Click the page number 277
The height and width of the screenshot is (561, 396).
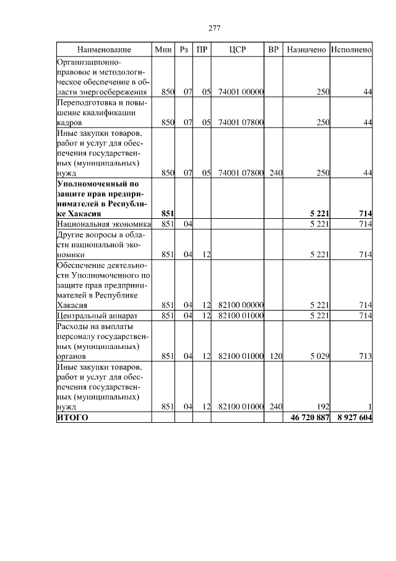pos(215,29)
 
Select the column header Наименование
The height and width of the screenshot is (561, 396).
pos(104,49)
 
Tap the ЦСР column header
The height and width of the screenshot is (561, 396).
pos(237,49)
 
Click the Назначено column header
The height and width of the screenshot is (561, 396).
pos(306,49)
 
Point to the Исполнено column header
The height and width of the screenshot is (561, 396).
pos(351,49)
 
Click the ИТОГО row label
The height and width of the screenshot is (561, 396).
pos(72,418)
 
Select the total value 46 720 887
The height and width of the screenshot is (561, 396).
pos(310,418)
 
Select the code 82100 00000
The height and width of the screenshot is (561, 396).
pos(241,305)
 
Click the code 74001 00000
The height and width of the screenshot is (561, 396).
pos(241,92)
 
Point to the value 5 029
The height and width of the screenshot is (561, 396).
pos(319,356)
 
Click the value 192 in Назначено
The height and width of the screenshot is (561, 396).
pos(322,407)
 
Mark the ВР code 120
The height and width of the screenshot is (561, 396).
pos(275,356)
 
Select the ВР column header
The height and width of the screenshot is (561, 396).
pos(273,49)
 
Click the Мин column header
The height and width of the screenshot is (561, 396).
pos(163,49)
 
